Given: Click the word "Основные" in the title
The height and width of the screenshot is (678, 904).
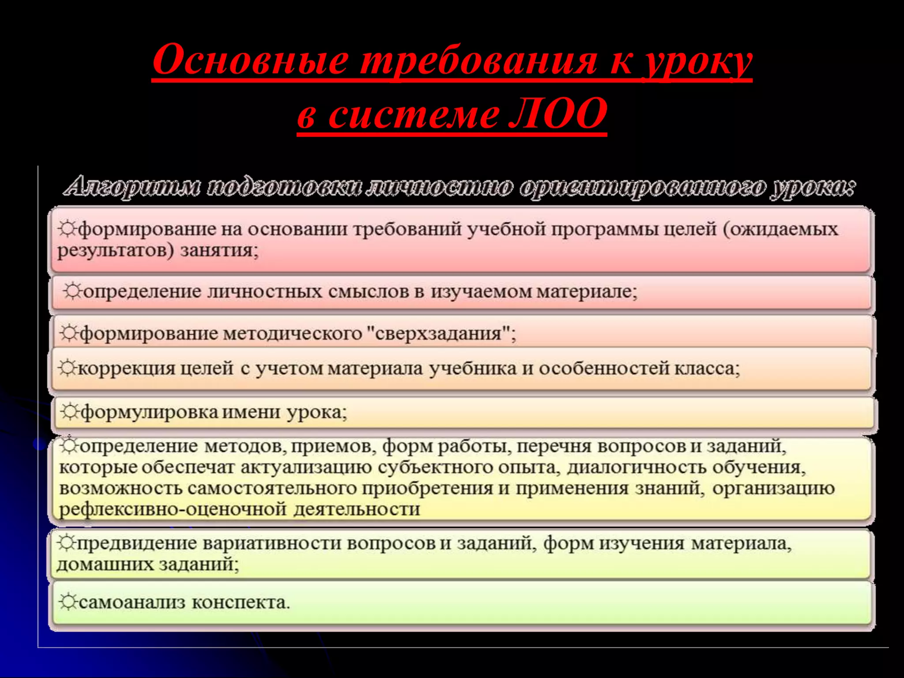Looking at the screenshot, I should (251, 60).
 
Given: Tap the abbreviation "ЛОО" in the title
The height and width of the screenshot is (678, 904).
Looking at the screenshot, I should (557, 113).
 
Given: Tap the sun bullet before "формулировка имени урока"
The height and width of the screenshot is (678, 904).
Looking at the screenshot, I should (69, 411).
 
